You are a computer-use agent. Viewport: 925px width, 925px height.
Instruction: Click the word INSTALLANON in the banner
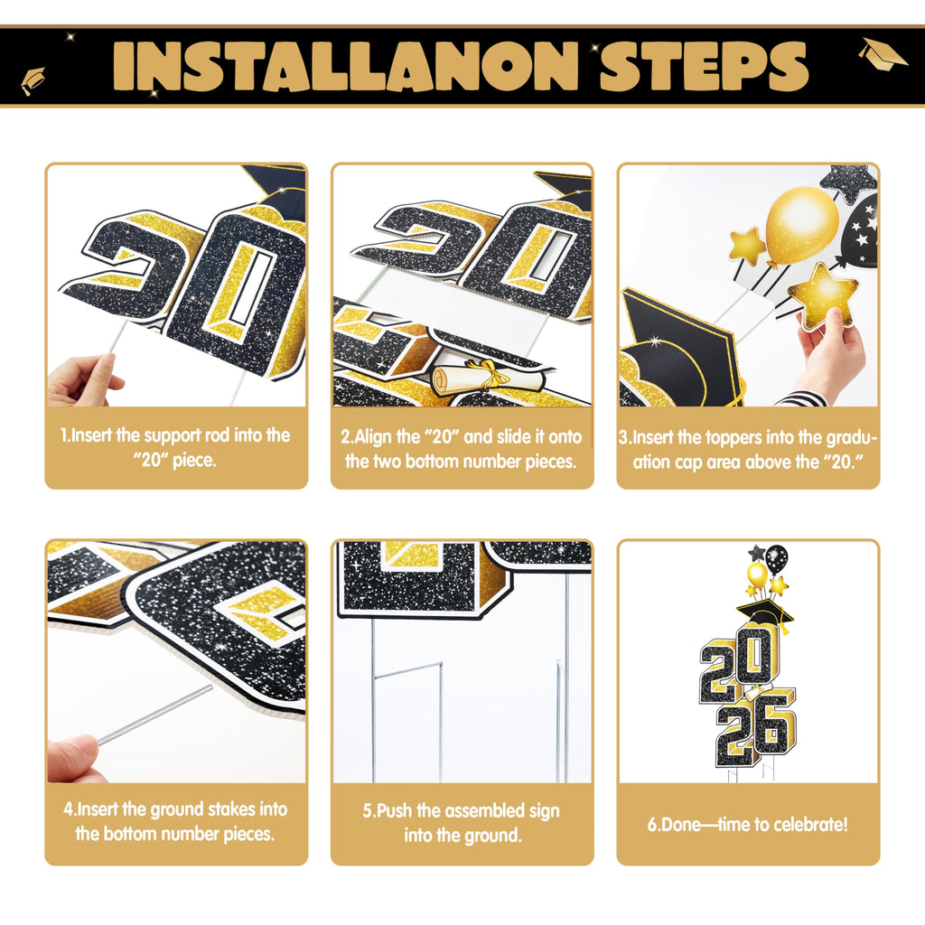click(x=346, y=66)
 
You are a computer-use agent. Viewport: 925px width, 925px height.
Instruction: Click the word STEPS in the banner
click(x=703, y=66)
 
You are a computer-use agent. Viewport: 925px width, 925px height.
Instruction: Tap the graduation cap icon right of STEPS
click(x=882, y=52)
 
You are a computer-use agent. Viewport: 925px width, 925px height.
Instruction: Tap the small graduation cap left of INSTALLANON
click(x=33, y=80)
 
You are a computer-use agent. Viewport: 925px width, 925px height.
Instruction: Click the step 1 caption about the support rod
click(x=176, y=447)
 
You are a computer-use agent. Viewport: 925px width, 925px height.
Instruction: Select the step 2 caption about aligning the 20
click(x=462, y=448)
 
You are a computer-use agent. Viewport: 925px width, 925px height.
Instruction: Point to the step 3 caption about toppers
click(x=748, y=449)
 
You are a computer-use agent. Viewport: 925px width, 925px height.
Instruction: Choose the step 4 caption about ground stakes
click(x=176, y=821)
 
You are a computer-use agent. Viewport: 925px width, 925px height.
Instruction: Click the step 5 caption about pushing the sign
click(x=462, y=822)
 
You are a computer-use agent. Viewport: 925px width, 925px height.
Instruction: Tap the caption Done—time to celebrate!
click(x=747, y=824)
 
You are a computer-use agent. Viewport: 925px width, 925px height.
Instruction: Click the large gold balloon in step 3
click(x=801, y=224)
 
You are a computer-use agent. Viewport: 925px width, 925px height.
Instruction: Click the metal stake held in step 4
click(x=154, y=715)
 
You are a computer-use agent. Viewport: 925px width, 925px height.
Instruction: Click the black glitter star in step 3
click(x=849, y=182)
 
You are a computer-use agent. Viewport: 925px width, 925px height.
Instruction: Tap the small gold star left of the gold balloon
click(x=747, y=246)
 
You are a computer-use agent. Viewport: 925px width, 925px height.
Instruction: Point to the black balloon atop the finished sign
click(x=776, y=558)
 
